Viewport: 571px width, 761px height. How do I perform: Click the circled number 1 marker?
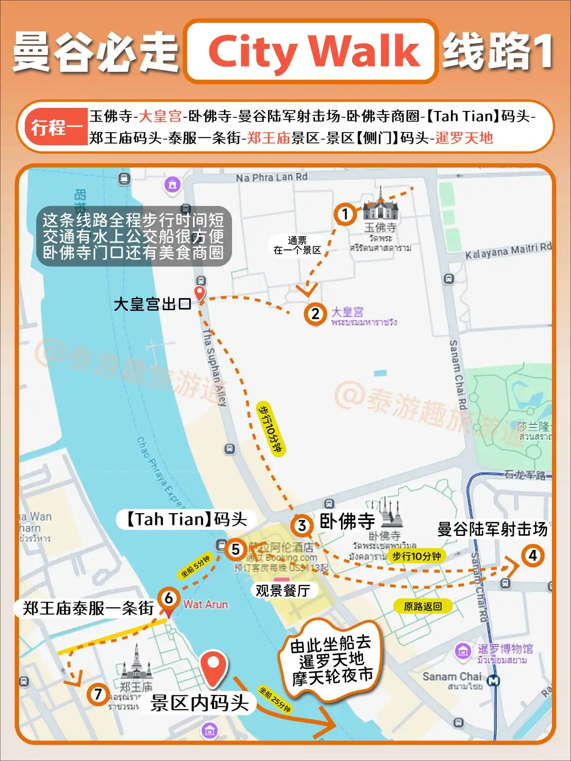pyautogui.click(x=345, y=214)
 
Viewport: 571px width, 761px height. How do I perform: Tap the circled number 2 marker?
pyautogui.click(x=315, y=314)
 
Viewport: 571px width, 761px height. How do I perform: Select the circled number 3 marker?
pyautogui.click(x=301, y=525)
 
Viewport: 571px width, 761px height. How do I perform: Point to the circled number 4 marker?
pyautogui.click(x=532, y=555)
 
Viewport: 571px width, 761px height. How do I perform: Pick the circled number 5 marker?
pyautogui.click(x=236, y=549)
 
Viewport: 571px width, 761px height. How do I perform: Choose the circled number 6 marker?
pyautogui.click(x=169, y=598)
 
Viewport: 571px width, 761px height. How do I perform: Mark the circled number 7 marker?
pyautogui.click(x=98, y=694)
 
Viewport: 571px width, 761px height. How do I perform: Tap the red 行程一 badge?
pyautogui.click(x=56, y=127)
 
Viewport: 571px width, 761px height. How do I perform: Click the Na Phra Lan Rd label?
pyautogui.click(x=271, y=177)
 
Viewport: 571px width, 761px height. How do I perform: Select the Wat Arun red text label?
pyautogui.click(x=206, y=605)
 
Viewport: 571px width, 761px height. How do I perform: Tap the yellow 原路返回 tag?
pyautogui.click(x=422, y=606)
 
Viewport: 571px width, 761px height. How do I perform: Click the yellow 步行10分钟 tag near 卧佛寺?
pyautogui.click(x=416, y=556)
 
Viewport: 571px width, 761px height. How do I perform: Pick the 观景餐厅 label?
pyautogui.click(x=282, y=590)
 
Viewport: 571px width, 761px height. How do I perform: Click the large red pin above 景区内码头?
pyautogui.click(x=213, y=667)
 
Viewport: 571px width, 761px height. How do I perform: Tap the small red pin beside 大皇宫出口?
pyautogui.click(x=199, y=293)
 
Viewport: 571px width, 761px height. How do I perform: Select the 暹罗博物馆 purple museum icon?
pyautogui.click(x=463, y=651)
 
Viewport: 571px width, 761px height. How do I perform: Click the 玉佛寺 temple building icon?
pyautogui.click(x=380, y=206)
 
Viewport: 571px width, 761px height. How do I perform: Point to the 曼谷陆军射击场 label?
pyautogui.click(x=492, y=529)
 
